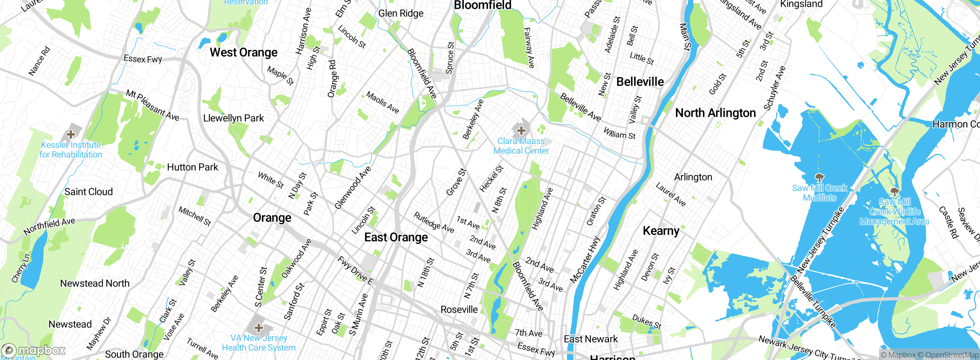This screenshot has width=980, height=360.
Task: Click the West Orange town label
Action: pos(243,52)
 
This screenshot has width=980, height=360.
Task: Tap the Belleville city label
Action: pos(640,82)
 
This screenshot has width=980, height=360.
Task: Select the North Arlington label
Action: pos(715,113)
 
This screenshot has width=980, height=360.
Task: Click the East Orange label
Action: pos(396,237)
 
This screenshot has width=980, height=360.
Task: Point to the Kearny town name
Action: pos(661,231)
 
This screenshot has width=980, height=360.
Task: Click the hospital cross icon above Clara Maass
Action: pos(521,131)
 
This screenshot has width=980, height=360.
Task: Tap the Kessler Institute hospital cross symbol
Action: pos(70,134)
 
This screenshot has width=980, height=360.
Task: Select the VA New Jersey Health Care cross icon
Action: pos(259,328)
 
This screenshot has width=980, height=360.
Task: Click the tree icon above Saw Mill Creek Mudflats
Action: pos(819,178)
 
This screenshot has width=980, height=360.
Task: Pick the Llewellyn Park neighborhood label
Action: pos(234,118)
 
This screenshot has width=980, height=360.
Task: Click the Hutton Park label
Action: pos(193,167)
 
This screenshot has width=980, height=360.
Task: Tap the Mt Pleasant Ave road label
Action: pos(152,105)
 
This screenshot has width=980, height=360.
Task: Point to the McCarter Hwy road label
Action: pos(585,260)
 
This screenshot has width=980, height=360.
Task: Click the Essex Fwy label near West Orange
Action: pos(143,59)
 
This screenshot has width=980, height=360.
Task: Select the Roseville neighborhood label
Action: pos(459,309)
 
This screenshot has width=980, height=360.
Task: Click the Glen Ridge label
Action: pos(401,13)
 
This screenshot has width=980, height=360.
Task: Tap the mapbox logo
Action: pos(34,350)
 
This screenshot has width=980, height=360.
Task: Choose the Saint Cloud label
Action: pos(88,192)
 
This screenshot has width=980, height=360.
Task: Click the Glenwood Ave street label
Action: pos(353,188)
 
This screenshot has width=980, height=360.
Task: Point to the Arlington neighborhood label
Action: pos(693,177)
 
